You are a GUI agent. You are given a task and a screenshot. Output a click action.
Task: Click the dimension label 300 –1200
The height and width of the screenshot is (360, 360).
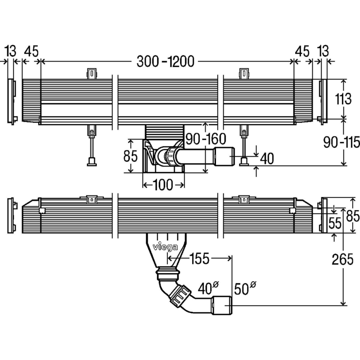(x=166, y=62)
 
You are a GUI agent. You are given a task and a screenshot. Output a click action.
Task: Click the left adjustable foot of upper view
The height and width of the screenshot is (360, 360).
(x=91, y=146)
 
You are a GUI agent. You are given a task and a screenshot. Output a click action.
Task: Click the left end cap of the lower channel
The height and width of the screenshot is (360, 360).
(x=12, y=216)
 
